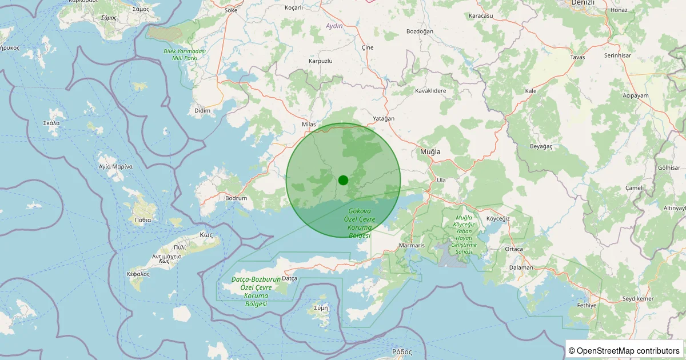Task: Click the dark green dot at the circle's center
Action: pos(343,180)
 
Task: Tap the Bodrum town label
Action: pos(236,198)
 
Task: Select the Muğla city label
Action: pos(430,151)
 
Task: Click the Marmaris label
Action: pos(412,246)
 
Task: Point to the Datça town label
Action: pos(290,278)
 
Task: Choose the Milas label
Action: pos(309,124)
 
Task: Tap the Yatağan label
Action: pos(384,118)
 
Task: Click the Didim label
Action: pos(202,110)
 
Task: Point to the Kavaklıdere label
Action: pos(430,90)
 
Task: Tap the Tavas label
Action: pos(578,57)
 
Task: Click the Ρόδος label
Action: pos(401,351)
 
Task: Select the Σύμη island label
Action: pos(321,307)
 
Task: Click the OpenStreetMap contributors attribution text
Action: pos(624,350)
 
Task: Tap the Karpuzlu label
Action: pos(320,61)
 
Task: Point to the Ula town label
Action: pos(441,180)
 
